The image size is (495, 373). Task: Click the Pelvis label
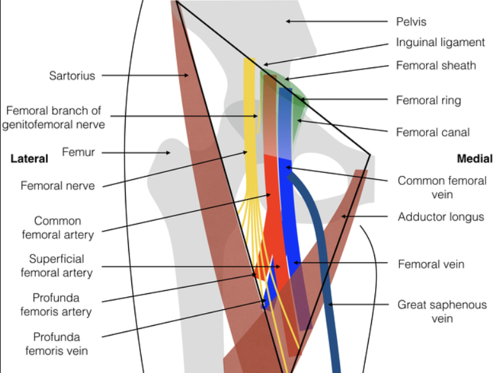[411, 22]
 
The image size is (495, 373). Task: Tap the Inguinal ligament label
[440, 43]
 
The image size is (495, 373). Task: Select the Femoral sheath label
[436, 65]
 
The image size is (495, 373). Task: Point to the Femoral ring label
[428, 100]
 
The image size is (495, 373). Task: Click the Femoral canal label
[432, 133]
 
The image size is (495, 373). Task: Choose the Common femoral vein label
[441, 187]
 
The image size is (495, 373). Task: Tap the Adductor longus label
[441, 217]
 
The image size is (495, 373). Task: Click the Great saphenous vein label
[441, 311]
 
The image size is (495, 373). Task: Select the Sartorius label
[72, 76]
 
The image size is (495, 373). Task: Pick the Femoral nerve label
[57, 186]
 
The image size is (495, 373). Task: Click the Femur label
[79, 152]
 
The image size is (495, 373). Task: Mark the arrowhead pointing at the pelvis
[288, 22]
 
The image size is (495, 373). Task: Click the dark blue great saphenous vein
[325, 281]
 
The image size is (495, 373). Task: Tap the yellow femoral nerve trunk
[250, 128]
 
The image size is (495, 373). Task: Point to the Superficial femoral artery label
[56, 266]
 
